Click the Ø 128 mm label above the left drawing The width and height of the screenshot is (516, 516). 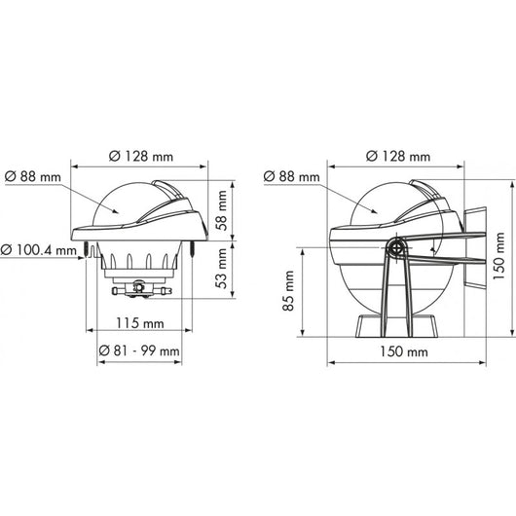tap(141, 157)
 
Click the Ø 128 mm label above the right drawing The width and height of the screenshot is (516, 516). tap(398, 157)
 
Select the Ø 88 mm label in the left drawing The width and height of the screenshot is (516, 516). tap(33, 177)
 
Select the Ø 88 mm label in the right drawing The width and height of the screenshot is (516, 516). tap(291, 177)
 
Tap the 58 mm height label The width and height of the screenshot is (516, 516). tap(222, 210)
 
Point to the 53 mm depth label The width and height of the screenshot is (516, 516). tap(222, 269)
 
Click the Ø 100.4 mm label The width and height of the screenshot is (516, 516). tap(39, 250)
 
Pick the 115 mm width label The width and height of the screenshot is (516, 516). tap(140, 323)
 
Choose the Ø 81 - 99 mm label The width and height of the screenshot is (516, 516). tap(139, 350)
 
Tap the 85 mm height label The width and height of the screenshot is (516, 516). tap(288, 291)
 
